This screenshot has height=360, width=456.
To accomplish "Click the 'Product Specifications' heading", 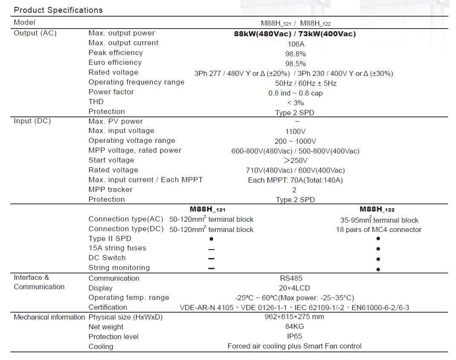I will click(58, 10).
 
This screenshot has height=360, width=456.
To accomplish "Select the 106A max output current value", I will click(295, 44).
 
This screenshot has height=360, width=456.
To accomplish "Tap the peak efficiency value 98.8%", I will click(295, 54).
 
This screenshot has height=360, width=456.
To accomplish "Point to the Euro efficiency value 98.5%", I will click(295, 64).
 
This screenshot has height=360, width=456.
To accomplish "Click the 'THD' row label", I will click(96, 102).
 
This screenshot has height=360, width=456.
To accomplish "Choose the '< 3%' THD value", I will click(295, 103).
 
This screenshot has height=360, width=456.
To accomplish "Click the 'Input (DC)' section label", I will click(32, 121).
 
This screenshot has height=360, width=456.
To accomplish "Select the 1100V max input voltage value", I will click(295, 132).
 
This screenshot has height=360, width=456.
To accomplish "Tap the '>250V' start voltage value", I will click(295, 161).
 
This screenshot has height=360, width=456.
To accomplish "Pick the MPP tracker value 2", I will click(294, 190).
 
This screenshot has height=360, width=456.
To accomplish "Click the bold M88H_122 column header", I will click(377, 209).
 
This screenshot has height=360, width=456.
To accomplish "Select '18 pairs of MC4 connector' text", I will click(378, 230).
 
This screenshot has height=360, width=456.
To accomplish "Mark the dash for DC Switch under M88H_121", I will click(211, 259).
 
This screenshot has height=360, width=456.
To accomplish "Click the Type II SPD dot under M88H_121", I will click(211, 239).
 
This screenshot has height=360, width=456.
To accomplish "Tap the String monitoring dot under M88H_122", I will click(378, 269).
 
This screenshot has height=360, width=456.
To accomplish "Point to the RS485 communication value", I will click(291, 279).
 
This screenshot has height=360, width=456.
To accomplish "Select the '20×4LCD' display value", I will click(294, 288).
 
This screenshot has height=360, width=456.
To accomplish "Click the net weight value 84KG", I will click(294, 327).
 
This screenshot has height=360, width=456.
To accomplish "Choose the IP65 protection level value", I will click(294, 336).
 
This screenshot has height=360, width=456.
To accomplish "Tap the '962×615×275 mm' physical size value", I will click(294, 317).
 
